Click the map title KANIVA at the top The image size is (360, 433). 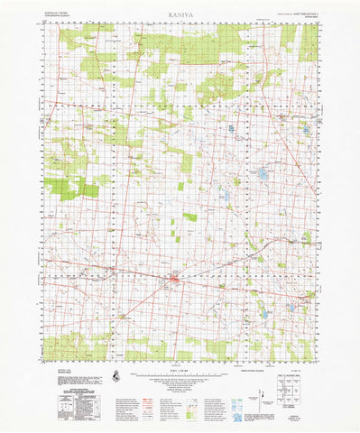tap(180, 15)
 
